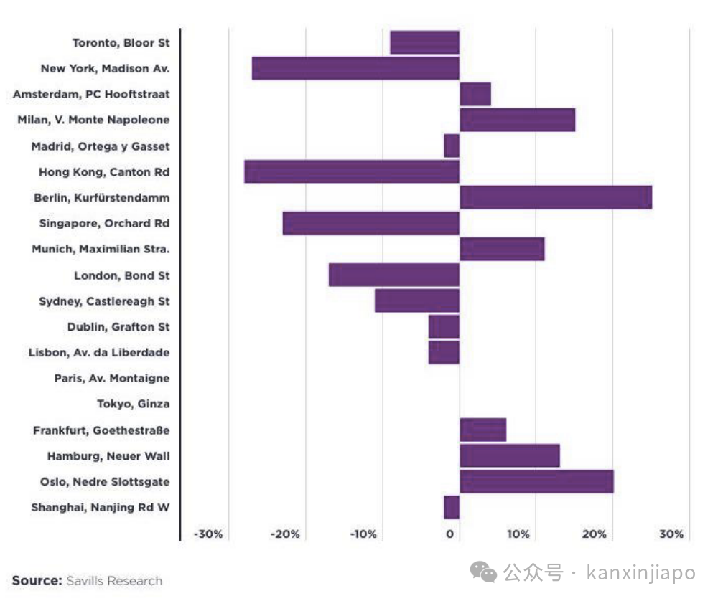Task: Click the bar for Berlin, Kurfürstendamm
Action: [556, 197]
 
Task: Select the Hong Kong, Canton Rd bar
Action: [351, 172]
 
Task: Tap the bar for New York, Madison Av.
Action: [355, 68]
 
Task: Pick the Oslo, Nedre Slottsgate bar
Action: [536, 481]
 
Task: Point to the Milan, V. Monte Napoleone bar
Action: [517, 120]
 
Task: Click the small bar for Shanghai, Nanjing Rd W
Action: [451, 507]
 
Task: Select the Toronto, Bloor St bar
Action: [424, 42]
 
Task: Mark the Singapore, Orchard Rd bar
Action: [370, 223]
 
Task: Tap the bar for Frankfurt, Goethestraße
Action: [482, 430]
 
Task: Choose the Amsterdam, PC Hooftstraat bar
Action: [475, 94]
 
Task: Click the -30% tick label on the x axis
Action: [208, 534]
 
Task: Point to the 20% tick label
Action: [595, 534]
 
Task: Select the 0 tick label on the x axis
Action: [450, 534]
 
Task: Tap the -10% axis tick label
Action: [363, 534]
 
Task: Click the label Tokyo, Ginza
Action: [134, 404]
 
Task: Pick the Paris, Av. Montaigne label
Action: [112, 378]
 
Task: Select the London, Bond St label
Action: [122, 275]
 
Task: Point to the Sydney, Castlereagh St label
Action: [104, 301]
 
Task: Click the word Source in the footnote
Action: [37, 580]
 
